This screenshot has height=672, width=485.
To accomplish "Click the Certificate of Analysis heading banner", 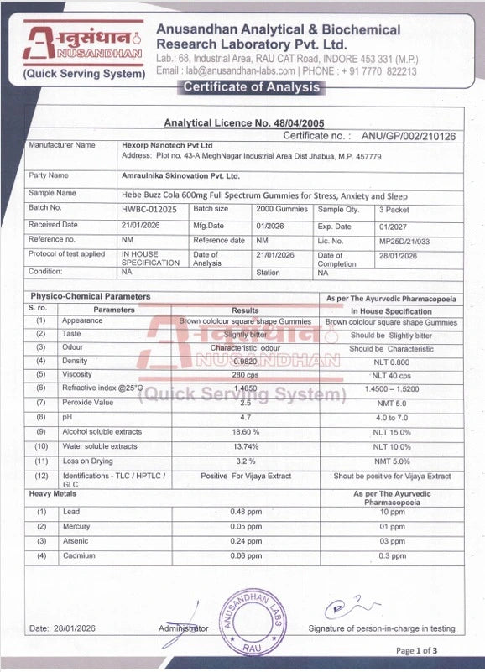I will coord(251,87).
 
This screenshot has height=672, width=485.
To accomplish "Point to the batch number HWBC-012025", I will coord(149,209).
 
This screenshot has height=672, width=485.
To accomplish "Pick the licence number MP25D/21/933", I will coord(403,241).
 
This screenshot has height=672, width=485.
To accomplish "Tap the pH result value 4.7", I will coord(245,417).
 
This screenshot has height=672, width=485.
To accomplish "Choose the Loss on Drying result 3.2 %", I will coord(245,461).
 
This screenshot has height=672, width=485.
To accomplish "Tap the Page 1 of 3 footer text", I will coord(416,650).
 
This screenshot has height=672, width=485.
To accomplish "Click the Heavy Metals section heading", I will coord(53,493).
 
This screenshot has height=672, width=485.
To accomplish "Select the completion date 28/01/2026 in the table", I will coord(399,255).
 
